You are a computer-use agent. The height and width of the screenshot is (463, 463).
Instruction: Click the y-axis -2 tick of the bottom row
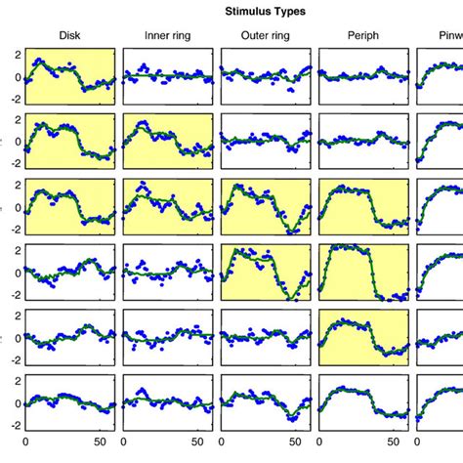pos(14,425)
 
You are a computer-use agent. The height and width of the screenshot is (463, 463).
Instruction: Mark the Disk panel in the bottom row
pos(70,404)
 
